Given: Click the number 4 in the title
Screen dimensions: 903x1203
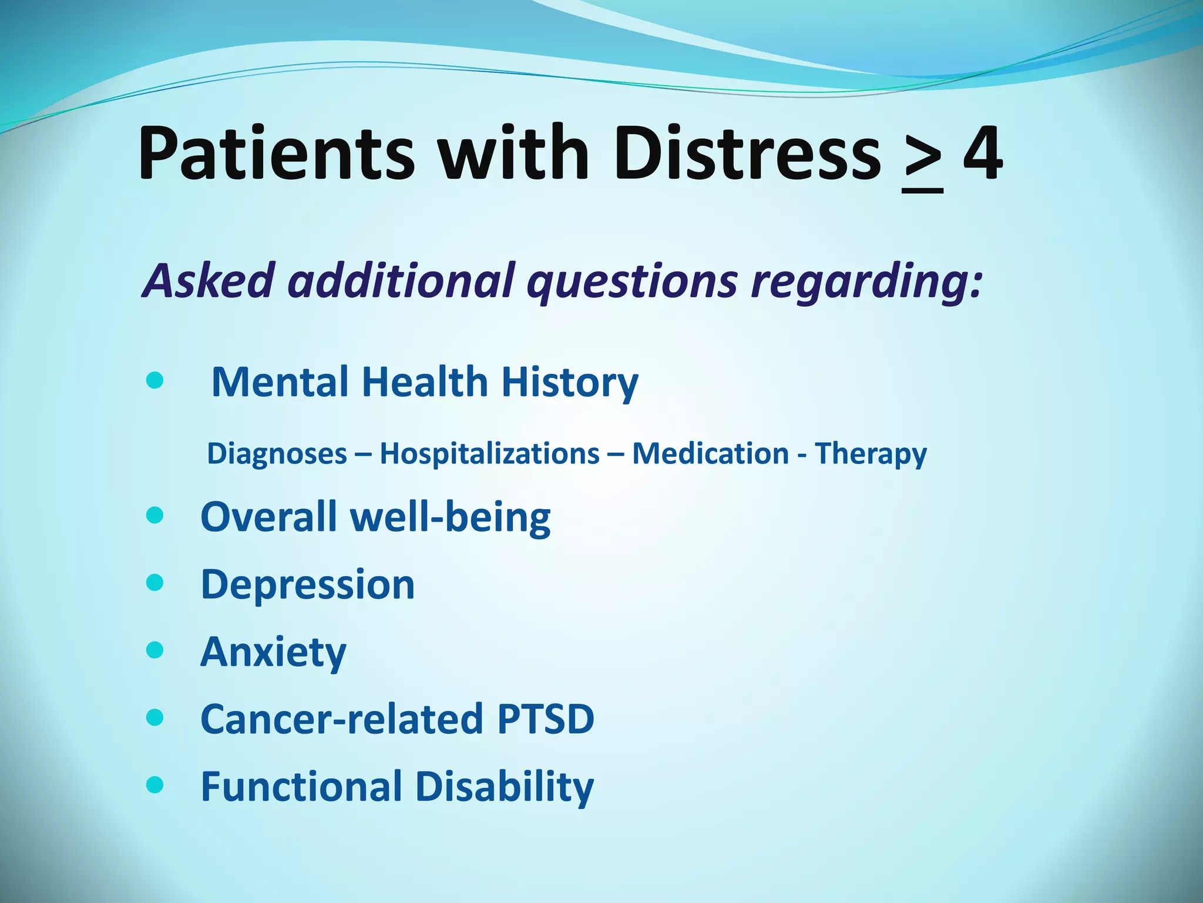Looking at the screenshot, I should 983,154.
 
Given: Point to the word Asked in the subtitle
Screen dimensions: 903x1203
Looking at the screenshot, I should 209,280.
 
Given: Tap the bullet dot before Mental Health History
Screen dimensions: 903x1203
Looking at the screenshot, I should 154,382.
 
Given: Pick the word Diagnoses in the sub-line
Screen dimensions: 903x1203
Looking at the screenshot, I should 277,454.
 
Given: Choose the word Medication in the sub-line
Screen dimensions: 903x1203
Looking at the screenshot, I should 710,454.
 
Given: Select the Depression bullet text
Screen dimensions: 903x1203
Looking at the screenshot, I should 308,584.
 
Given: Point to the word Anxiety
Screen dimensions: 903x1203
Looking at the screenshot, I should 273,653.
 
